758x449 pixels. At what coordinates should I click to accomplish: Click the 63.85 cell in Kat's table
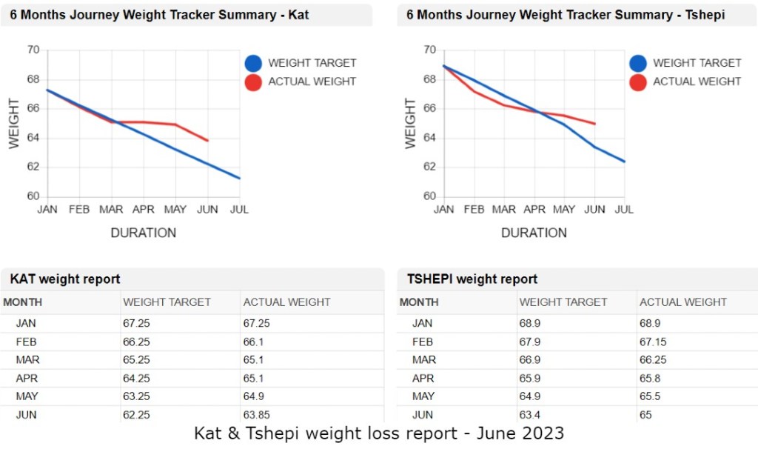tap(256, 415)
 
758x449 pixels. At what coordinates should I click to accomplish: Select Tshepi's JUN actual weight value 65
tap(645, 415)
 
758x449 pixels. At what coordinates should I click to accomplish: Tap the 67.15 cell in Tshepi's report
tap(652, 342)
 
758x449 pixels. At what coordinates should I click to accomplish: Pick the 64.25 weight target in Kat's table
tap(137, 378)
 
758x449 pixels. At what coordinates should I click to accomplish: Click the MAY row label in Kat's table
tap(26, 396)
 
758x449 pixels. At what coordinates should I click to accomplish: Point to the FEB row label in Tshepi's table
tap(422, 342)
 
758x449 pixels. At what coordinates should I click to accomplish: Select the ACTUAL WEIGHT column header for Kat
tap(287, 302)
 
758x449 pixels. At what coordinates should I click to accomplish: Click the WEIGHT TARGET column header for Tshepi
tap(563, 302)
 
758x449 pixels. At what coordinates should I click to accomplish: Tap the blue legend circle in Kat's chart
tap(253, 63)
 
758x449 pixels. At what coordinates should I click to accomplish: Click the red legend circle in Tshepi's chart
tap(638, 82)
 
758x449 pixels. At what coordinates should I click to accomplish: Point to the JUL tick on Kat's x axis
tap(239, 210)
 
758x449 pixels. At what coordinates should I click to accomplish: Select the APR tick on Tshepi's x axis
tap(534, 210)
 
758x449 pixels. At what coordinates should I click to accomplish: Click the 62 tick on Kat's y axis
tap(33, 167)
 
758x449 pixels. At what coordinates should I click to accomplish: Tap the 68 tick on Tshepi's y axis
tap(429, 79)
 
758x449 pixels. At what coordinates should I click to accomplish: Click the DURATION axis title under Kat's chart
tap(144, 233)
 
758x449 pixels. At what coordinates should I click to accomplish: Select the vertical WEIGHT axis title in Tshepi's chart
tap(411, 123)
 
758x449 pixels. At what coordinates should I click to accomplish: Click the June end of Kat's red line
tap(208, 140)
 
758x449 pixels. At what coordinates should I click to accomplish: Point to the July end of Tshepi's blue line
tap(624, 162)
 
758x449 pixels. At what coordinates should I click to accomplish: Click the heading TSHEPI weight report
tap(472, 279)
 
